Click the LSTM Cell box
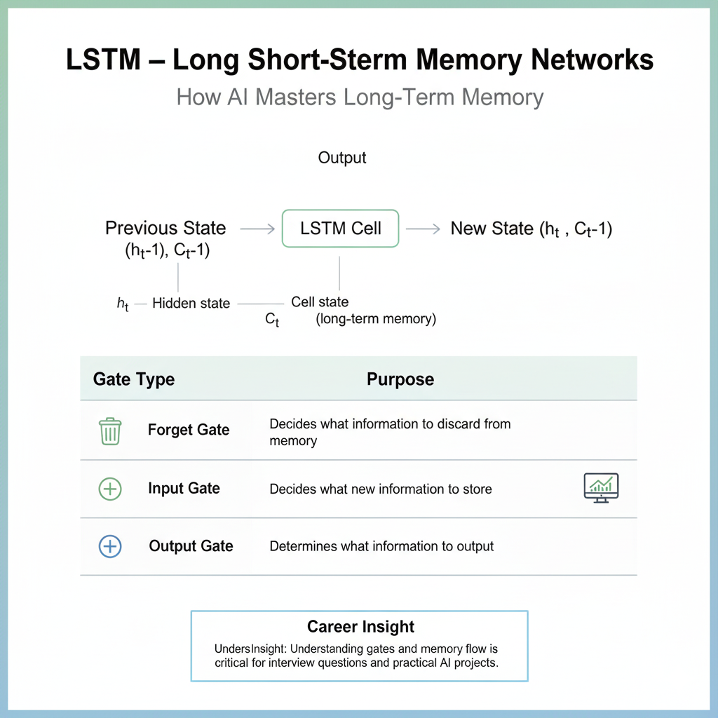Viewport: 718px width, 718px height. [341, 228]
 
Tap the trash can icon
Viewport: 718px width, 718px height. [110, 431]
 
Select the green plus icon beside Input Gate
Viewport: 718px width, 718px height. [110, 489]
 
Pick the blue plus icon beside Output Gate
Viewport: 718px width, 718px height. [110, 546]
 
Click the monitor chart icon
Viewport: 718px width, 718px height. [601, 487]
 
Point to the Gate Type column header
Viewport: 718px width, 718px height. [134, 379]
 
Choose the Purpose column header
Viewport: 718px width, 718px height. [400, 379]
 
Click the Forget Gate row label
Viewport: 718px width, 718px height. [189, 430]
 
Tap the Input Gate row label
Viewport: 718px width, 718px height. [184, 489]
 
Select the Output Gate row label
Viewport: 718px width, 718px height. [191, 546]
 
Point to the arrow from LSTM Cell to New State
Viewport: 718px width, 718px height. [423, 229]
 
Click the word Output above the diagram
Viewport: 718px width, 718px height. [342, 158]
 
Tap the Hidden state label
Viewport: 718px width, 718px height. [191, 304]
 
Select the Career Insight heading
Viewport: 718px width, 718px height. [360, 627]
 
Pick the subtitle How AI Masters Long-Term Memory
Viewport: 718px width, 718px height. [360, 97]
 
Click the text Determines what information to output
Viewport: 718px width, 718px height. [381, 546]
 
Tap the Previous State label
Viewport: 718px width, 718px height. [165, 228]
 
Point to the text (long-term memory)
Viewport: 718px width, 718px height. [376, 320]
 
